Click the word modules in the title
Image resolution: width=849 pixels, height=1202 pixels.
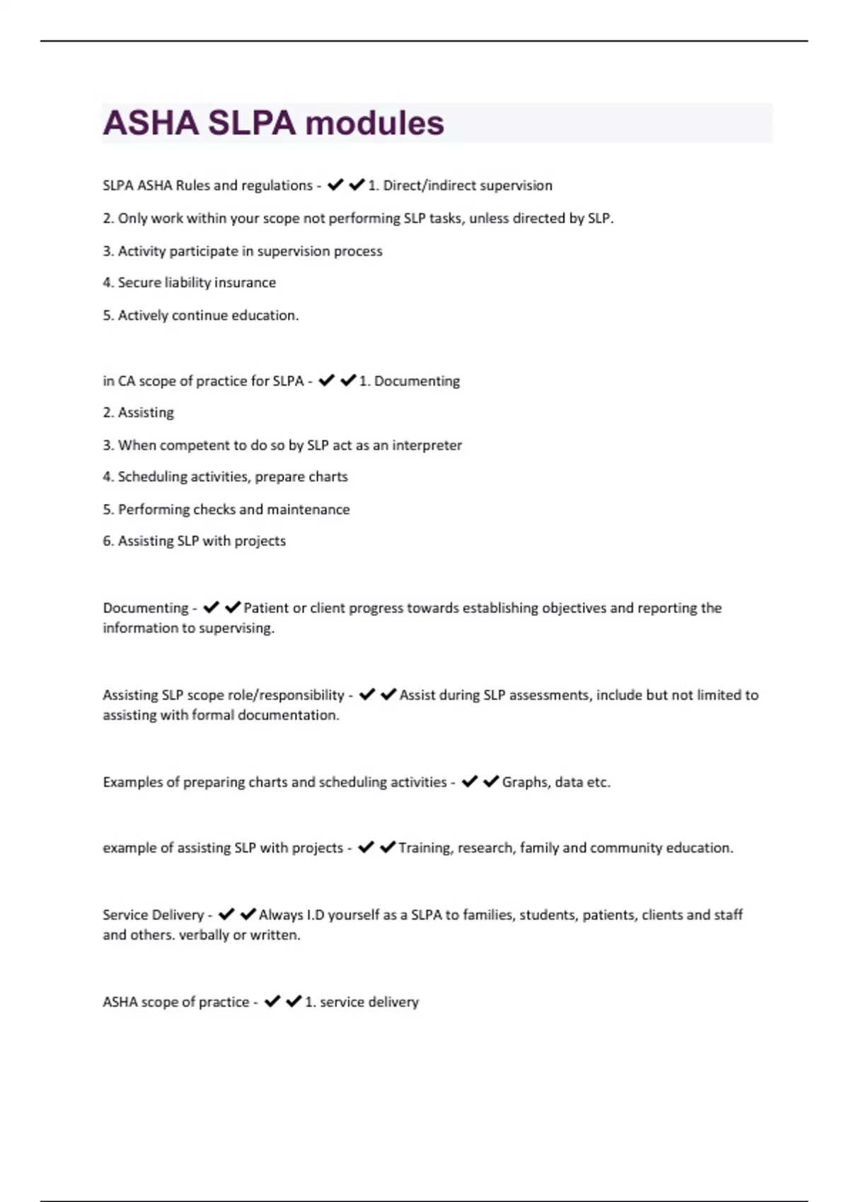[x=374, y=123]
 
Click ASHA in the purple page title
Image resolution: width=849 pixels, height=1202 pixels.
[x=151, y=123]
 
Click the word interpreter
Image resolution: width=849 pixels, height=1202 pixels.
[x=427, y=445]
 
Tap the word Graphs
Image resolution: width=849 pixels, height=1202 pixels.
[x=525, y=783]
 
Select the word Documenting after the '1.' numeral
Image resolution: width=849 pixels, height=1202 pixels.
[x=417, y=381]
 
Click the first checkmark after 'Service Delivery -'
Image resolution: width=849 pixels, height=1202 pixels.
[x=226, y=914]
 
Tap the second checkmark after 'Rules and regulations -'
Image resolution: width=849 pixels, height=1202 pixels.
[x=357, y=185]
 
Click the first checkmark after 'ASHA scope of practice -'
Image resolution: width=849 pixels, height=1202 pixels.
[x=272, y=1001]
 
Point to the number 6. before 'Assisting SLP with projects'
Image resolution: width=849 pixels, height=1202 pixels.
[x=108, y=542]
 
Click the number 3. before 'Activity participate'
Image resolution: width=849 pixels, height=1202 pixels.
[x=108, y=252]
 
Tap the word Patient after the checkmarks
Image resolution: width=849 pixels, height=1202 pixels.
[x=265, y=608]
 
